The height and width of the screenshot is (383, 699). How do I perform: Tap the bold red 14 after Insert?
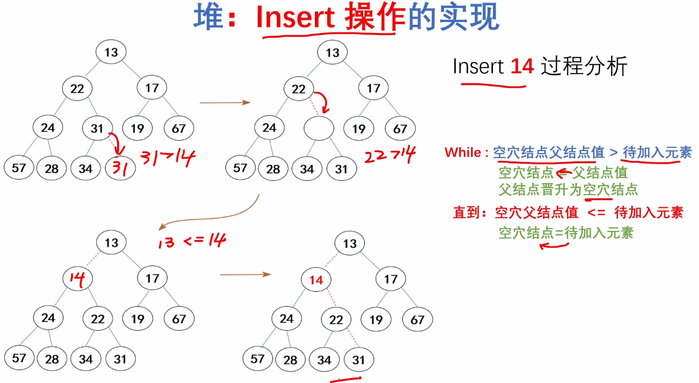[522, 66]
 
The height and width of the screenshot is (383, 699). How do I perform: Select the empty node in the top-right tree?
[319, 129]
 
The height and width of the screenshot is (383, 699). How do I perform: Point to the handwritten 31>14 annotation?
[167, 159]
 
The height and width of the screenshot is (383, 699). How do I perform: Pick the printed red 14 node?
[316, 280]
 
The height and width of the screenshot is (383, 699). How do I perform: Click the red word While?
[463, 152]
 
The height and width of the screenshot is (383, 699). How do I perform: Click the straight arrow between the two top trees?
[224, 102]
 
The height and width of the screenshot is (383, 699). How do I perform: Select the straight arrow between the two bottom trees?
[245, 274]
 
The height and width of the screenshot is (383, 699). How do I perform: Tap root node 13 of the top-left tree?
[111, 52]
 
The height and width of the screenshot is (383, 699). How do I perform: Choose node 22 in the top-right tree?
[298, 88]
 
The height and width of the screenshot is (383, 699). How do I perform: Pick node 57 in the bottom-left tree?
[19, 358]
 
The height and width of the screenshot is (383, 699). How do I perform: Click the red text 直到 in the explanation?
[465, 212]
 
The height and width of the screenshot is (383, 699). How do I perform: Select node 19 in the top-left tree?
[137, 129]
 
